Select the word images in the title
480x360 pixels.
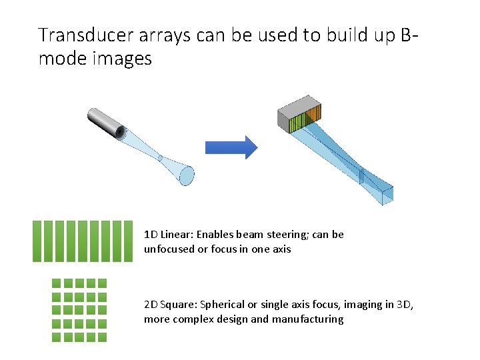122,59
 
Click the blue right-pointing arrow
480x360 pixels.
230,147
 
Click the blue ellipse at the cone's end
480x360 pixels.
187,175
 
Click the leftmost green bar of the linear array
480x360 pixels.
37,241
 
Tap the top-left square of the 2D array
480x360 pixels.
56,283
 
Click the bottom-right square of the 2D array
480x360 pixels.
101,337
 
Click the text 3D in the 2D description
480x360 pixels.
404,305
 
